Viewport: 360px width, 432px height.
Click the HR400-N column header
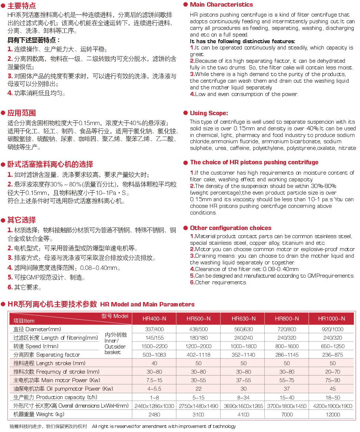point(154,319)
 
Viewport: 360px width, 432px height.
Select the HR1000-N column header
point(332,319)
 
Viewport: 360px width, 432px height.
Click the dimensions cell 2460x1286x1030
point(154,406)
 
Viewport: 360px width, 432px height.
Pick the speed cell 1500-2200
point(154,346)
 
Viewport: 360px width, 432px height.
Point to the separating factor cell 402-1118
point(198,354)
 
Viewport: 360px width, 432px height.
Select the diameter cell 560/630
point(243,329)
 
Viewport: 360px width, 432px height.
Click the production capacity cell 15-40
point(287,397)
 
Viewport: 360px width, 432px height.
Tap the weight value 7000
point(287,415)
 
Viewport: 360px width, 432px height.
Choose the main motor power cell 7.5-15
point(154,380)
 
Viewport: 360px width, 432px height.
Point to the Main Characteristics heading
point(221,5)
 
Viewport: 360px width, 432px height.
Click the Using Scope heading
point(209,113)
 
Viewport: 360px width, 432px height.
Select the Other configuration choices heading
point(231,228)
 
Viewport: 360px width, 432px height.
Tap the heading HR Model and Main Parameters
point(147,305)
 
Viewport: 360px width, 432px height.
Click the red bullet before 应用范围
point(3,113)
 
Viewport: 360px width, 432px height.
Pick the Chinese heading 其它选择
point(22,220)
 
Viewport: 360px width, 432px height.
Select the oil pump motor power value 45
point(333,389)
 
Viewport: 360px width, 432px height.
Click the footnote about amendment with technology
point(164,426)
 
